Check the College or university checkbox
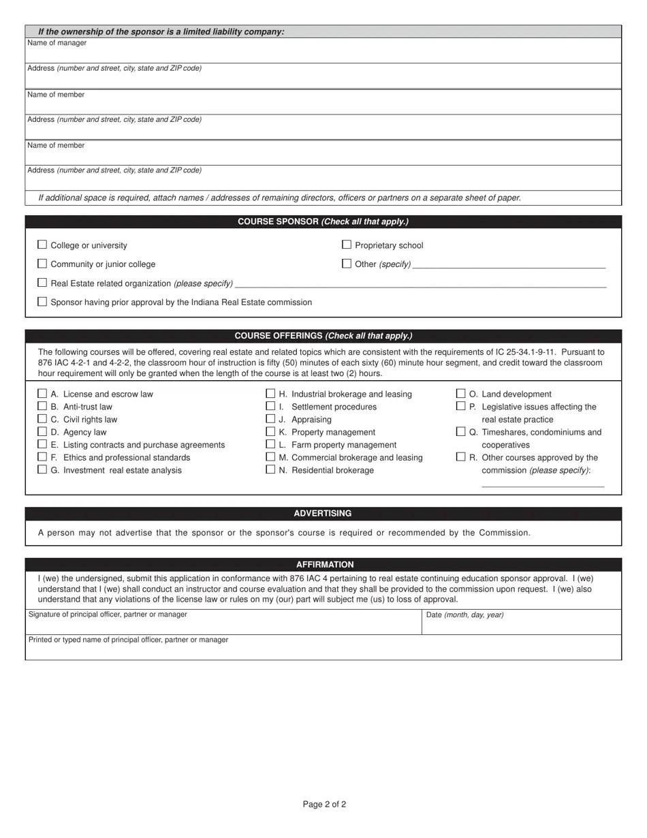coord(42,245)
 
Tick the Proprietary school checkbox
coord(347,245)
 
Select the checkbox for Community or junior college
coord(42,264)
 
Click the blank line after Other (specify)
coord(509,264)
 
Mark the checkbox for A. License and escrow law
coord(42,394)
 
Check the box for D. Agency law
coord(42,432)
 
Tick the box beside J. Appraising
coord(270,419)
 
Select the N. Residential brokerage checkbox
coord(270,470)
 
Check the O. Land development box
coord(461,394)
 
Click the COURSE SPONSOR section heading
coord(323,222)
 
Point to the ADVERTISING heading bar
coord(323,514)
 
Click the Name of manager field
coord(323,53)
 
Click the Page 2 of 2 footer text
coord(324,805)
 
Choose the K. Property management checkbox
coord(270,432)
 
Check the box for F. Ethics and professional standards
coord(42,457)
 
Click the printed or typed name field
coord(323,651)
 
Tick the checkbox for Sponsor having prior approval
coord(42,302)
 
